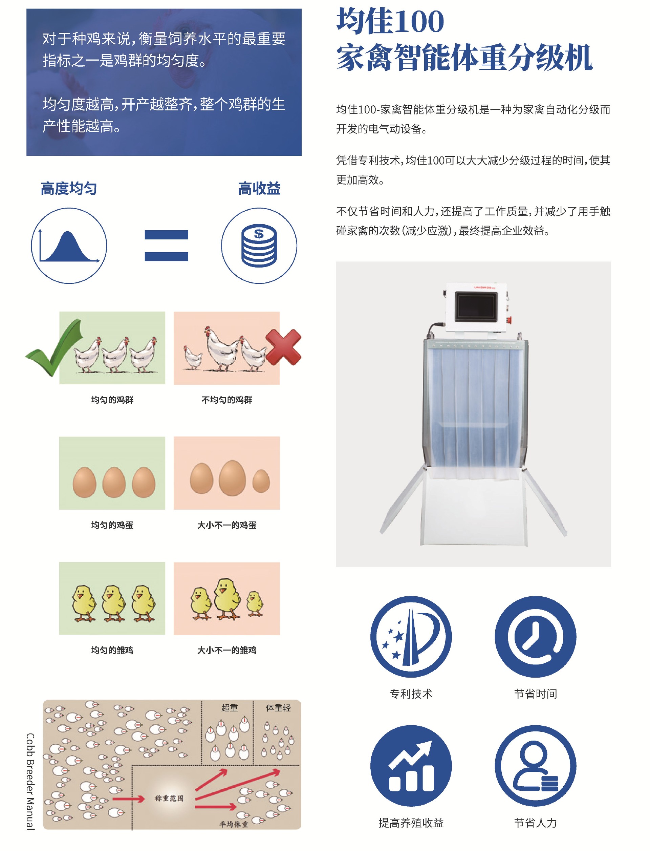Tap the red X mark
pos(283,347)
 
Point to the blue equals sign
pos(166,246)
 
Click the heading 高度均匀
pos(69,189)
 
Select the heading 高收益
pos(259,189)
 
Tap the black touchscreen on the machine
pos(476,307)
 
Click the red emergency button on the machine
pos(509,320)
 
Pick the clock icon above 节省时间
pos(536,637)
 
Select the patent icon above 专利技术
pos(411,637)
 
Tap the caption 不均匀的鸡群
pos(227,400)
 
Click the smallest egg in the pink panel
pos(261,481)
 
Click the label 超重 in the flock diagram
pos(230,708)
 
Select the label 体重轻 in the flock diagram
pos(278,708)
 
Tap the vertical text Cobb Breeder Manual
pos(30,781)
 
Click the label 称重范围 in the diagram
pos(169,799)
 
